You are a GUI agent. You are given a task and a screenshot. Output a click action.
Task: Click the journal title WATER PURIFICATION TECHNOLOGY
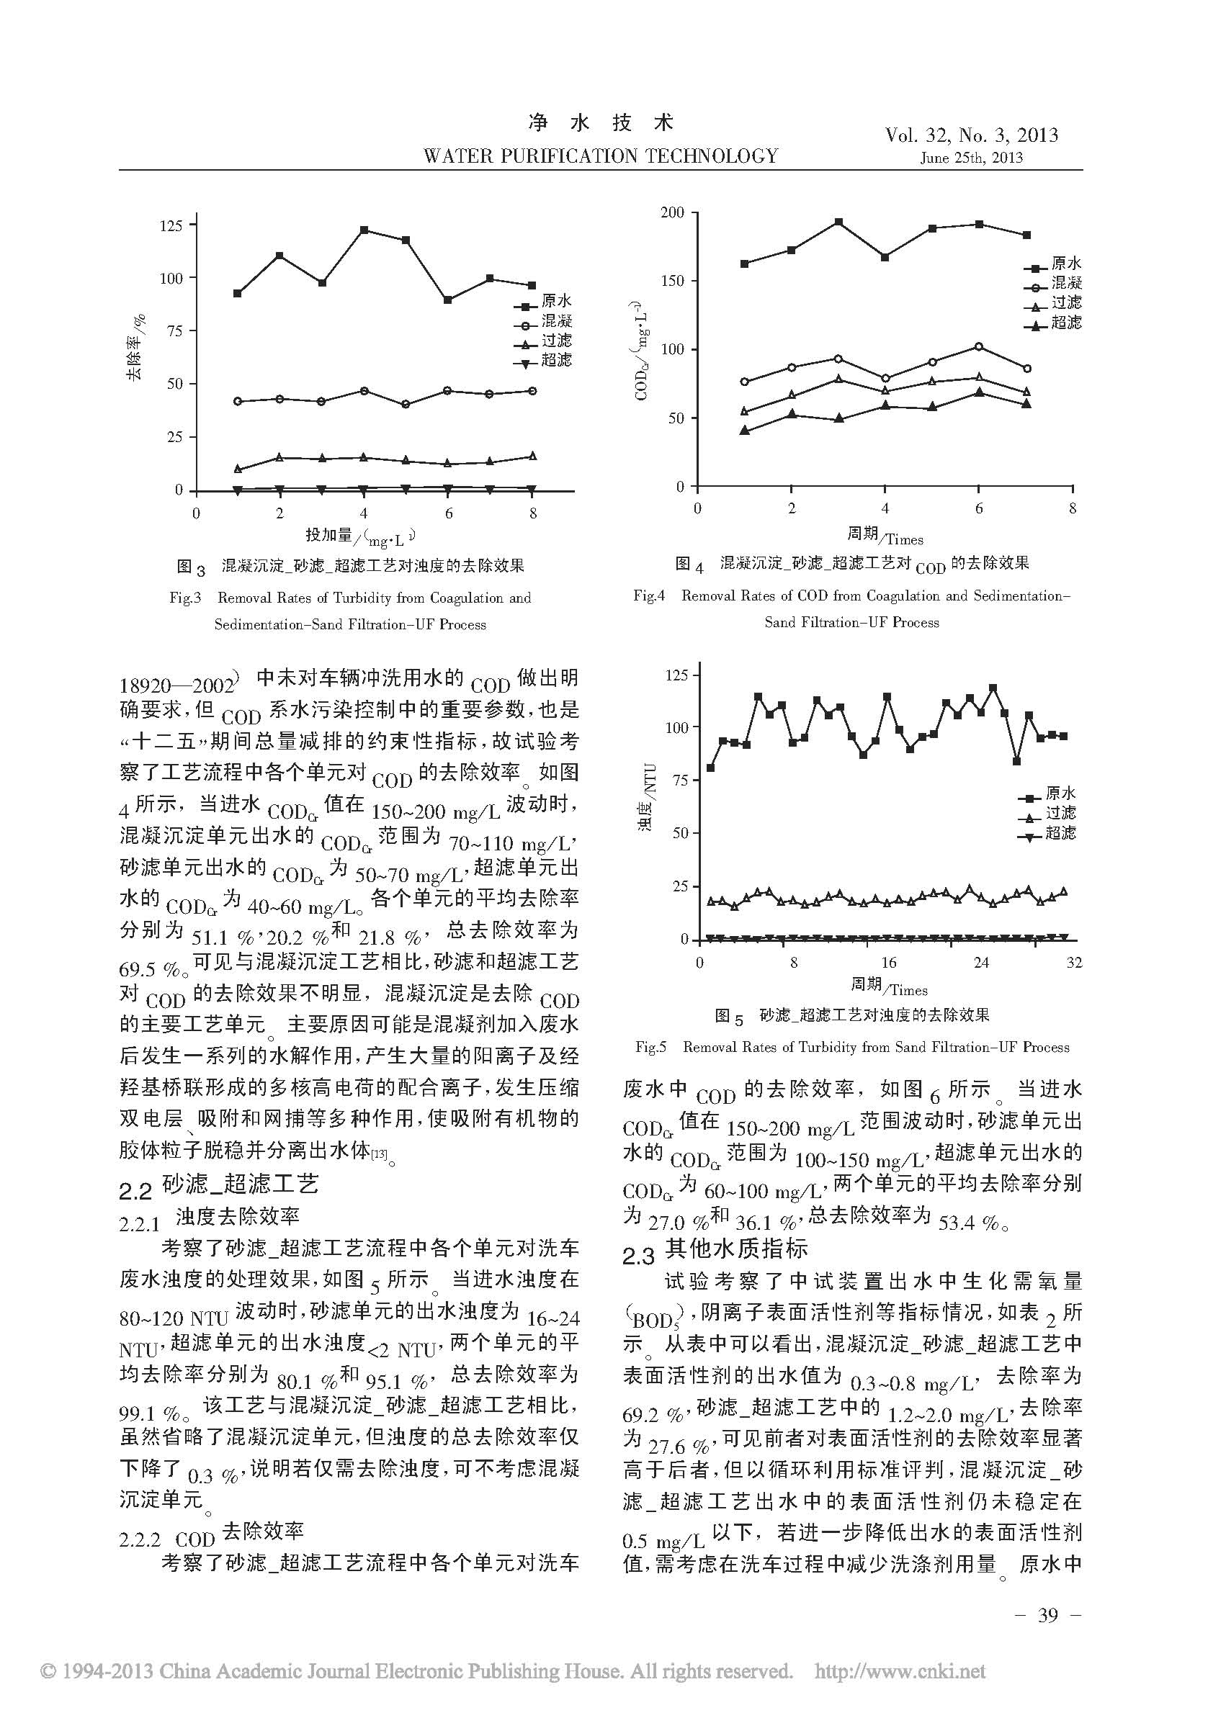[x=600, y=156]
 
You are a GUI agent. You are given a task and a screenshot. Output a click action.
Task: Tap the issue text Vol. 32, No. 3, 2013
[x=972, y=135]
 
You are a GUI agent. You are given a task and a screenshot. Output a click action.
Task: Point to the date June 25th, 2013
[x=972, y=158]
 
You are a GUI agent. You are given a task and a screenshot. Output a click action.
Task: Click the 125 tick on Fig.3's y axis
[x=171, y=225]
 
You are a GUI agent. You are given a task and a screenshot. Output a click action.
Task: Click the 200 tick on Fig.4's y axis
[x=672, y=212]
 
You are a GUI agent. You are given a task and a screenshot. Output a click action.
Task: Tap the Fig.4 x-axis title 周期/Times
[x=885, y=535]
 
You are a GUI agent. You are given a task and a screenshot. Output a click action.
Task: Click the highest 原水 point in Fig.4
[x=839, y=222]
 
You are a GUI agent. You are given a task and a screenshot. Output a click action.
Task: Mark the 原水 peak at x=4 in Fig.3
[x=364, y=230]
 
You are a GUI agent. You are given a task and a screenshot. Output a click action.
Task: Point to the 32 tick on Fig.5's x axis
[x=1073, y=962]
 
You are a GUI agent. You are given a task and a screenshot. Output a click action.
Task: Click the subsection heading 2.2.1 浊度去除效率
[x=209, y=1218]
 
